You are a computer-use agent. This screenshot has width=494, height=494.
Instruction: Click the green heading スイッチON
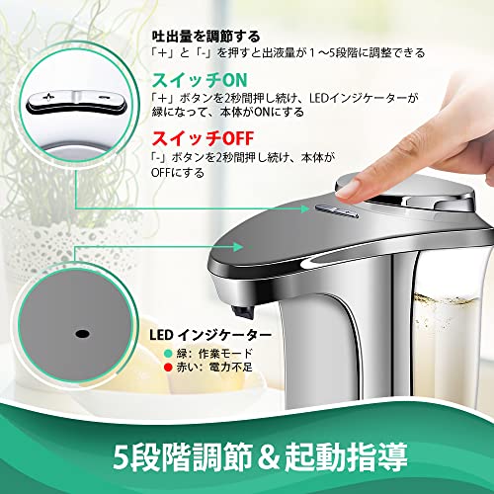[x=200, y=80]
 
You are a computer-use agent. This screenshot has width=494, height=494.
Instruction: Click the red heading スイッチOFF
[x=203, y=138]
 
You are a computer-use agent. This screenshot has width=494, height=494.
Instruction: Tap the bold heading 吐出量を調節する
[x=206, y=37]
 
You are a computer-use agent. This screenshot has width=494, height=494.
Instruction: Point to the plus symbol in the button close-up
[x=48, y=97]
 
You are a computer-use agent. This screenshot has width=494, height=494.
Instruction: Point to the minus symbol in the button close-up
[x=105, y=97]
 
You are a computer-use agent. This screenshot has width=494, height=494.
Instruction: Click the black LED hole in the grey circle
[x=82, y=334]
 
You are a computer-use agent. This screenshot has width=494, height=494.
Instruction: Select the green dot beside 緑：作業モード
[x=168, y=354]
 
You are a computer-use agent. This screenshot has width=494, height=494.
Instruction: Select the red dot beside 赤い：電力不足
[x=168, y=368]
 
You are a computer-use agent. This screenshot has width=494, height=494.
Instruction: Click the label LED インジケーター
[x=210, y=335]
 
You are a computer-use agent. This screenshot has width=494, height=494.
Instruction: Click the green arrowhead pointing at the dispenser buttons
[x=305, y=208]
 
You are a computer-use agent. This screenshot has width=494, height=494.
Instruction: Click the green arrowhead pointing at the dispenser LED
[x=238, y=246]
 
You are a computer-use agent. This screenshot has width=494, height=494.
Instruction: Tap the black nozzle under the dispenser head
[x=241, y=311]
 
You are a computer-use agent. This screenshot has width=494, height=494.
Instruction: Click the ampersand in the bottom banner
[x=269, y=457]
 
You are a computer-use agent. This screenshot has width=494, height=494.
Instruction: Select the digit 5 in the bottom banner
[x=121, y=457]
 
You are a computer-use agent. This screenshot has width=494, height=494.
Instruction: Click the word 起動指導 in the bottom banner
[x=346, y=457]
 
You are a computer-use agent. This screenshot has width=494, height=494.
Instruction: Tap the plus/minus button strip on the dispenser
[x=337, y=210]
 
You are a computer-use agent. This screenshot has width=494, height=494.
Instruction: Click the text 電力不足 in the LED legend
[x=230, y=368]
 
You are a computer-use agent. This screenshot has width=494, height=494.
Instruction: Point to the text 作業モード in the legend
[x=225, y=354]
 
